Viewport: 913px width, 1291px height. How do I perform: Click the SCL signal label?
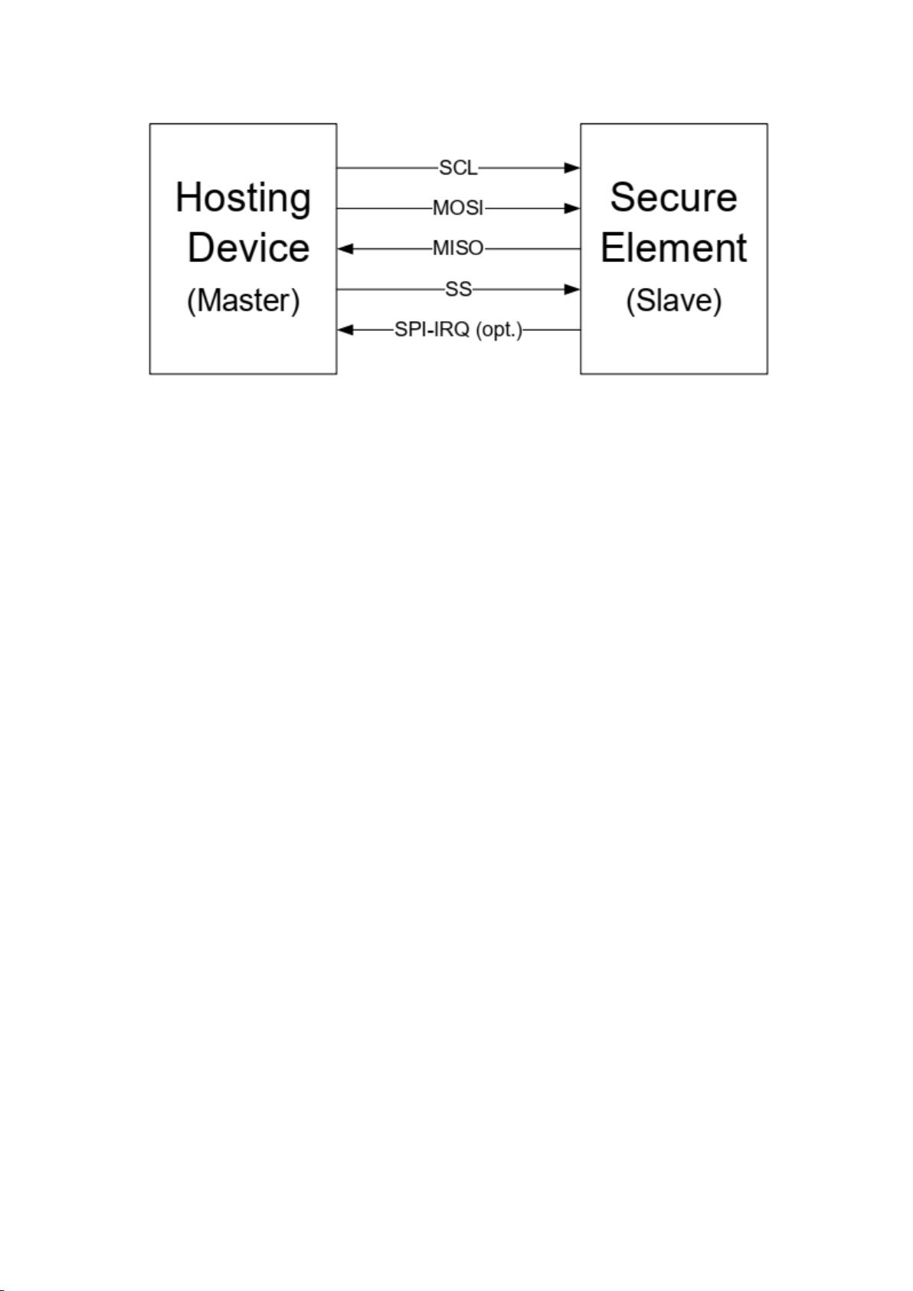[458, 168]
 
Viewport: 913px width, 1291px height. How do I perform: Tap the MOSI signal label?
[458, 208]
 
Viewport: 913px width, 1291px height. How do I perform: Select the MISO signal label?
[458, 248]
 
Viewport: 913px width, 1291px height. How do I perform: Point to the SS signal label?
[458, 289]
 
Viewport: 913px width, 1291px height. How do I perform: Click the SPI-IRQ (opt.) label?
[459, 330]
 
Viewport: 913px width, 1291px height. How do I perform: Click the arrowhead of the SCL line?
[572, 168]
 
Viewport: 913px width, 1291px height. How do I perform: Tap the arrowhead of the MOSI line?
[572, 208]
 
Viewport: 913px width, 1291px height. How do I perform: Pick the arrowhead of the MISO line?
[345, 248]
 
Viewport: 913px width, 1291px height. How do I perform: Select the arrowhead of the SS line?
[572, 289]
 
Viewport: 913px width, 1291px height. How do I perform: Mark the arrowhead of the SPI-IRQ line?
[345, 329]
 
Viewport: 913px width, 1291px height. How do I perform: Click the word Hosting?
[243, 199]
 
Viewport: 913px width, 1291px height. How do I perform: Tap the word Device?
[249, 247]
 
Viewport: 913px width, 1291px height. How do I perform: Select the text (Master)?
[243, 300]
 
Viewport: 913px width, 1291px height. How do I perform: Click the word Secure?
[673, 197]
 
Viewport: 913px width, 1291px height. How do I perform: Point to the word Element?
[673, 247]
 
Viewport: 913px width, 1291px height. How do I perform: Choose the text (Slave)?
[673, 300]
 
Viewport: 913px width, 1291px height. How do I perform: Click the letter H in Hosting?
[189, 197]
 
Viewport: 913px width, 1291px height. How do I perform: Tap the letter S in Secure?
[623, 197]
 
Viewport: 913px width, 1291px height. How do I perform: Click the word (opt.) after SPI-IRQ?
[499, 330]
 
